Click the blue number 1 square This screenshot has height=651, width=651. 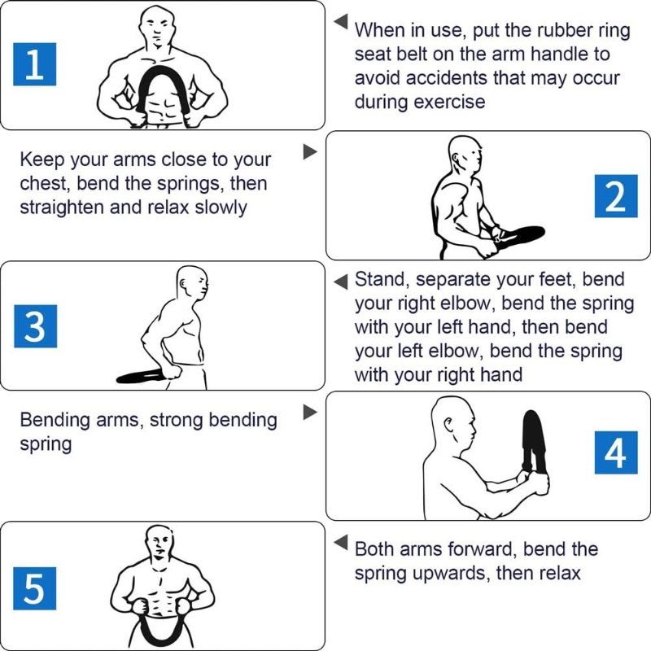point(34,64)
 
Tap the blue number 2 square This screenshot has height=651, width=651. point(616,196)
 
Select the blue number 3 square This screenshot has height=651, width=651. point(35,326)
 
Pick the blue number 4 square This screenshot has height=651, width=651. point(616,452)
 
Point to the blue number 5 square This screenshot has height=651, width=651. point(34,588)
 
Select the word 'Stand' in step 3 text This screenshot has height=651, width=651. point(382,279)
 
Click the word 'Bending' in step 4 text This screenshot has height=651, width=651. point(55,421)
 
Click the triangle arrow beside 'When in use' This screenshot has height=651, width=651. point(341,21)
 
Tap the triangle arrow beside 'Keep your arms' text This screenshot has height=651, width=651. point(310,151)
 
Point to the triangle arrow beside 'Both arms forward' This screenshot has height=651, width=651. point(341,542)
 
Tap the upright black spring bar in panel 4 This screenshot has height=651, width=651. point(535,440)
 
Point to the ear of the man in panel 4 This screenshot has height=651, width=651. point(448,424)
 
